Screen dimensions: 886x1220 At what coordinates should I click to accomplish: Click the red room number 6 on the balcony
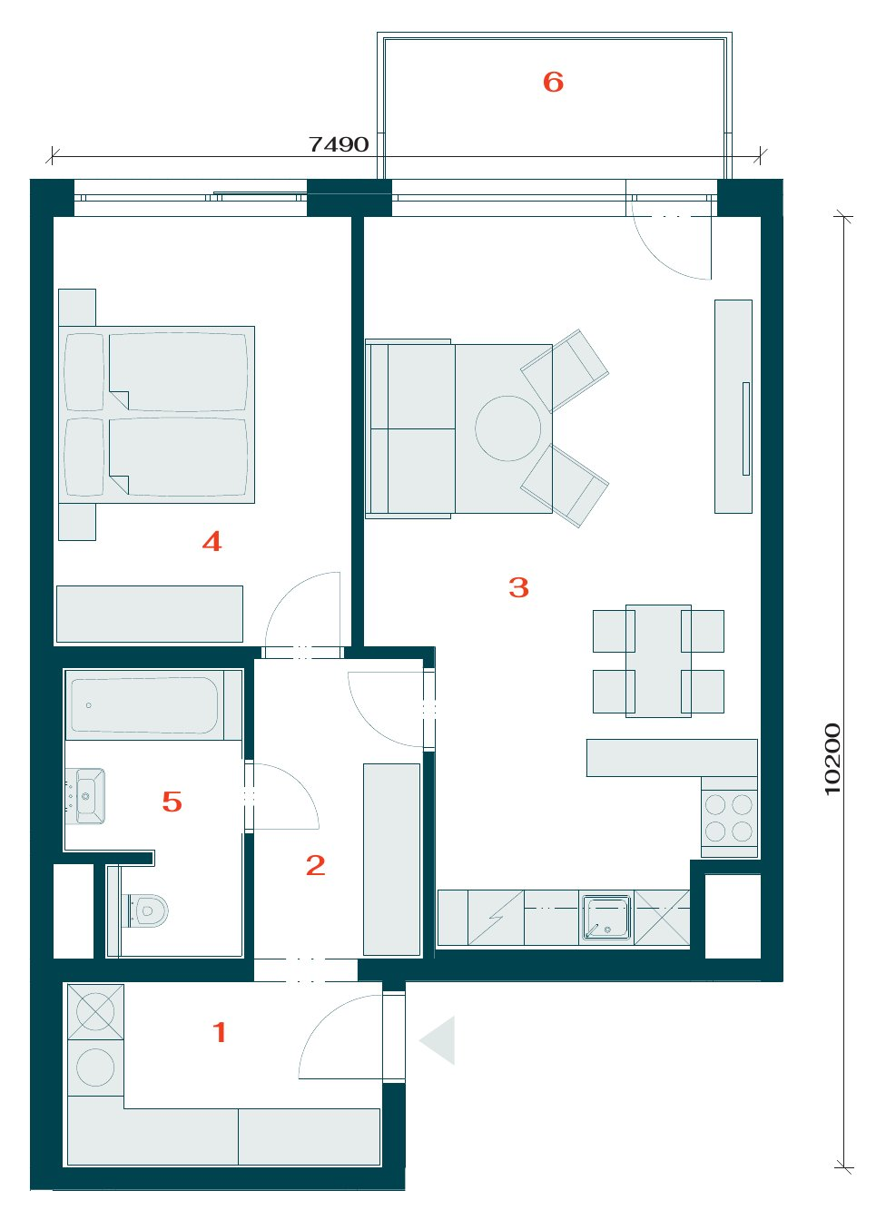tap(553, 83)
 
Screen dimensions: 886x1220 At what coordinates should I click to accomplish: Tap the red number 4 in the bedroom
tap(212, 541)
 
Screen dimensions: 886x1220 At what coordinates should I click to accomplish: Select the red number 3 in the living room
tap(518, 587)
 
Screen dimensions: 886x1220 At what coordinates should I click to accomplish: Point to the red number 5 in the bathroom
tap(172, 802)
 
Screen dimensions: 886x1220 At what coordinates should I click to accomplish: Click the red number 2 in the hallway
tap(316, 865)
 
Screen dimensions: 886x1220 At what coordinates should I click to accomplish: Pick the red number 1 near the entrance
tap(220, 1032)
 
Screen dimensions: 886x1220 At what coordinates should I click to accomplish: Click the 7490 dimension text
tap(339, 144)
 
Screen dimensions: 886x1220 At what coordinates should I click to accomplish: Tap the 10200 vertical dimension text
tap(832, 759)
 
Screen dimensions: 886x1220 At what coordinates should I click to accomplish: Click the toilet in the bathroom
tap(147, 910)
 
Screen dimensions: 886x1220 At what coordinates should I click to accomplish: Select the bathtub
tap(145, 705)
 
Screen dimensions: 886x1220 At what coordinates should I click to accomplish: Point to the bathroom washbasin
tap(85, 796)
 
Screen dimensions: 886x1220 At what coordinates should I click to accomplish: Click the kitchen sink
tap(606, 918)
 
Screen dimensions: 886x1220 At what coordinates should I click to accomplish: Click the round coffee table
tap(507, 428)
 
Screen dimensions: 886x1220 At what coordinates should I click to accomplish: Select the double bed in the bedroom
tap(156, 415)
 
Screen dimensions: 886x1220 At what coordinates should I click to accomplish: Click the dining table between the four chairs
tap(658, 661)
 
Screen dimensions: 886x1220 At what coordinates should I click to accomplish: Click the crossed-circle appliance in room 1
tap(95, 1011)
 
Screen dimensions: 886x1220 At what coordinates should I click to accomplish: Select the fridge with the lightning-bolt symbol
tap(496, 918)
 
